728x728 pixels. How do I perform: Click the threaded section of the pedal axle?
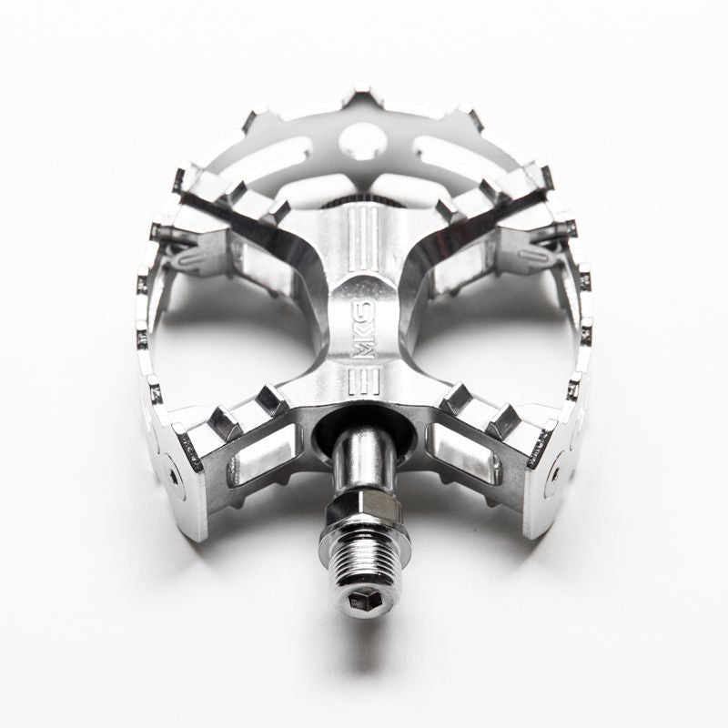click(364, 563)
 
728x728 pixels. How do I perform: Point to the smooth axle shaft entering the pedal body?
click(363, 460)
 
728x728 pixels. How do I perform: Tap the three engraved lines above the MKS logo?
click(364, 238)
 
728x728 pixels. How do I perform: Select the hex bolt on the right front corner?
click(554, 474)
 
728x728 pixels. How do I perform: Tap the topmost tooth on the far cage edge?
click(362, 95)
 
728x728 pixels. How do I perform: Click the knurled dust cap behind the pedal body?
click(364, 198)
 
